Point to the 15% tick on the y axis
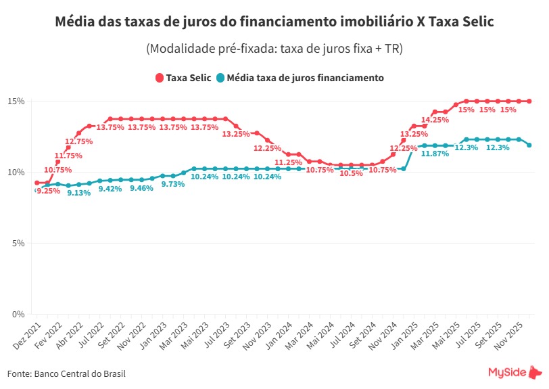click(16, 101)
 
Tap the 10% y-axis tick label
click(16, 172)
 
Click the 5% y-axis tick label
click(18, 243)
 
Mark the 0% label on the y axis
click(18, 314)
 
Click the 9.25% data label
click(48, 191)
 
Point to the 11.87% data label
click(435, 154)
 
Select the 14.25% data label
click(435, 120)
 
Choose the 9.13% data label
click(79, 193)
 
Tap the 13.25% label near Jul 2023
click(236, 134)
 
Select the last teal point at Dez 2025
click(529, 145)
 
